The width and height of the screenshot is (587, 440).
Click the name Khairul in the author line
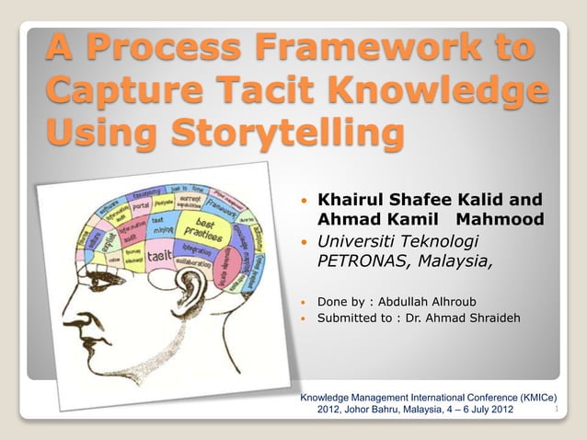[x=353, y=200]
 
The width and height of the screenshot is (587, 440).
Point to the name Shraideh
[x=487, y=318]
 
